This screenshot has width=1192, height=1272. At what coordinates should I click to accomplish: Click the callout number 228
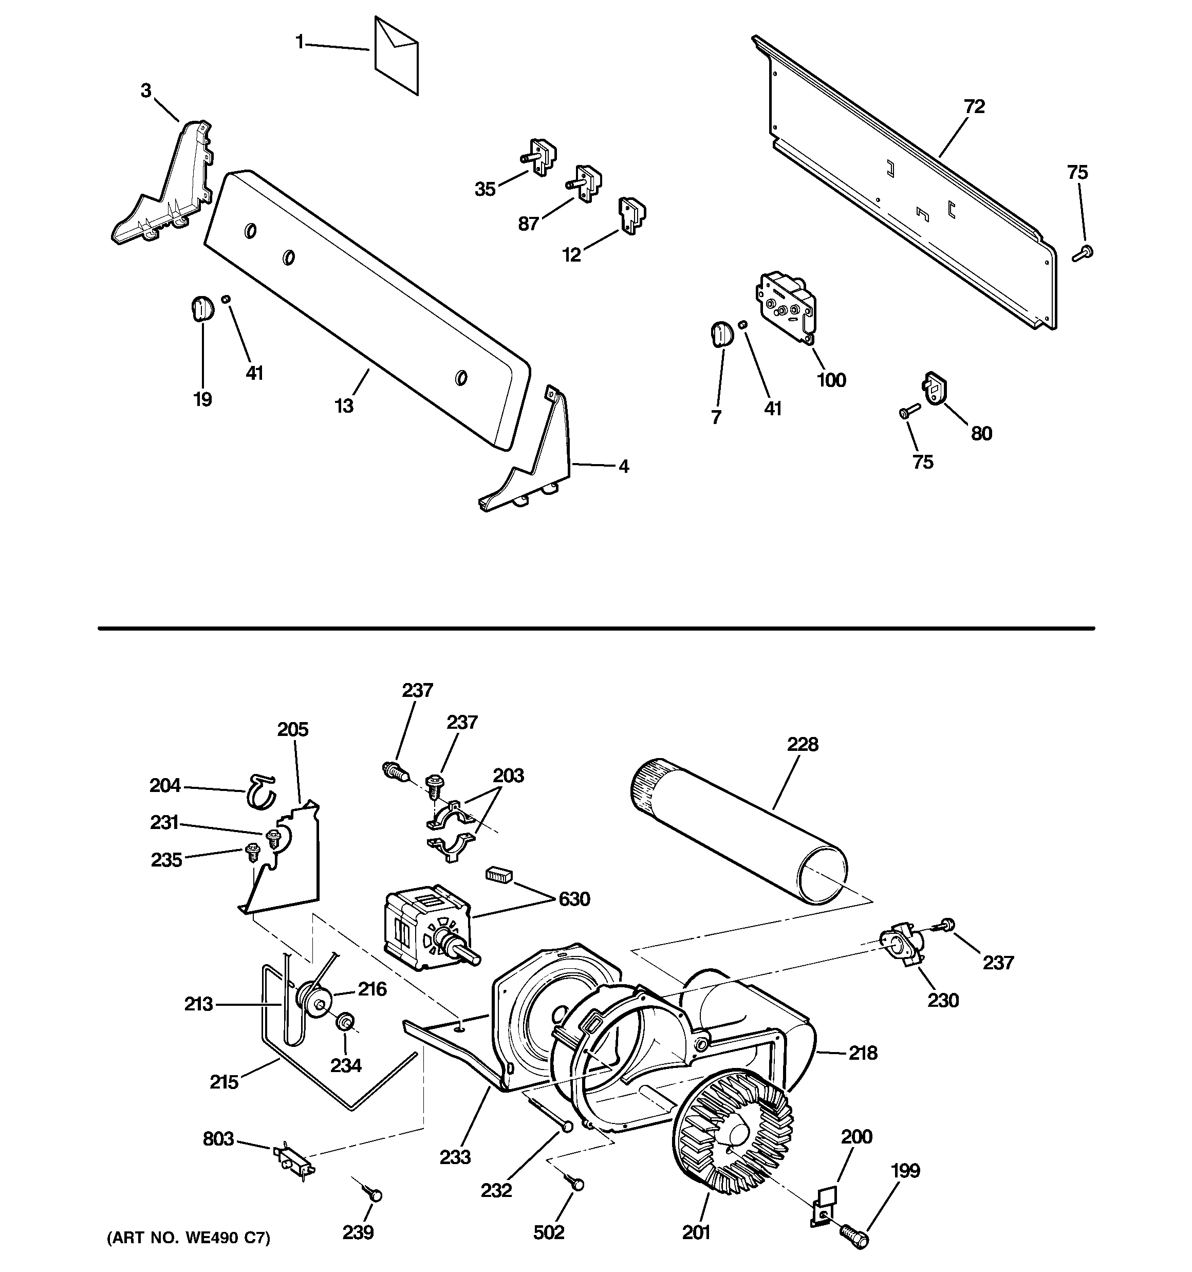pos(803,744)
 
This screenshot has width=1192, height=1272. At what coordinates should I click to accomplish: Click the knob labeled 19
pos(201,306)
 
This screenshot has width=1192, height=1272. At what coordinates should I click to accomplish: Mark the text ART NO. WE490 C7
pos(188,1256)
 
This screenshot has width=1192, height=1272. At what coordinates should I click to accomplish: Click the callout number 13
pos(344,405)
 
